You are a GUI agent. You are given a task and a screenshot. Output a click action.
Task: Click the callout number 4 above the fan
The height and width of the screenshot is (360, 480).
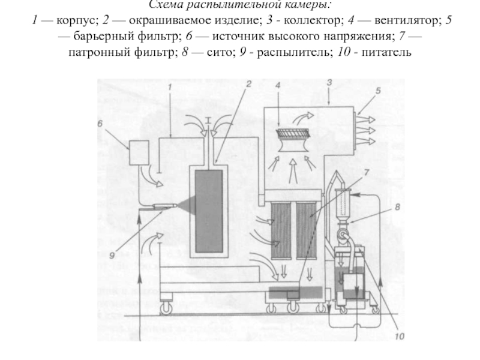click(277, 86)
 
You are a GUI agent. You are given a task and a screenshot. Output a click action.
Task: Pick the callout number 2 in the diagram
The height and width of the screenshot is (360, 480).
click(246, 86)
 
